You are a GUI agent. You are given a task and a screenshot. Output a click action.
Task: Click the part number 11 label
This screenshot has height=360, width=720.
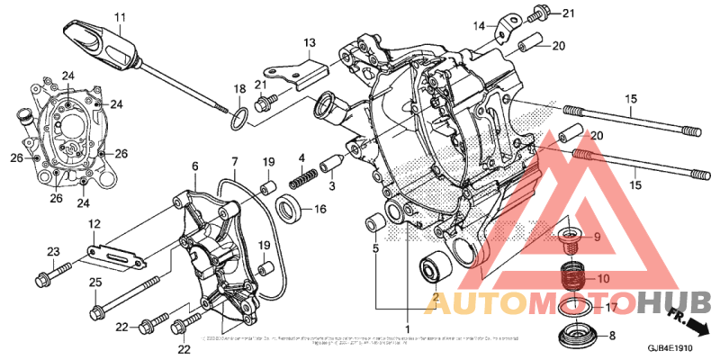pos(120,16)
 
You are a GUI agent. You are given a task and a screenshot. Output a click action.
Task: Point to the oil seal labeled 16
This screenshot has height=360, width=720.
pos(289,210)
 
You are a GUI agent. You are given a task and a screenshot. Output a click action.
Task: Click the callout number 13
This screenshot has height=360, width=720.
pos(309,42)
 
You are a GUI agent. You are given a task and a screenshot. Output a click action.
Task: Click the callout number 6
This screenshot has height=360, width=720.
pos(194,166)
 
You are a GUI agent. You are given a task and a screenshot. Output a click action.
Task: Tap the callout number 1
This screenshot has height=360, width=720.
pos(407,328)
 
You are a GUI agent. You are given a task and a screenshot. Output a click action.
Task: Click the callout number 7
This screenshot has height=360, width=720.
pos(232,163)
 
